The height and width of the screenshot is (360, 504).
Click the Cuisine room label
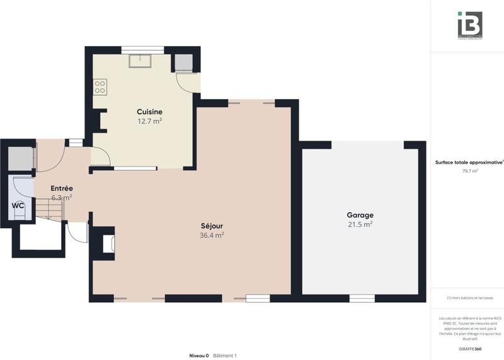pyautogui.click(x=149, y=112)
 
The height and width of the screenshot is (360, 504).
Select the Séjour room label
pyautogui.click(x=212, y=226)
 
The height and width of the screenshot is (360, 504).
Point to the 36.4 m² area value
pyautogui.click(x=212, y=235)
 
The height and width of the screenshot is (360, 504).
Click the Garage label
pyautogui.click(x=360, y=215)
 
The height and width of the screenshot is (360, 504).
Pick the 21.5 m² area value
pyautogui.click(x=360, y=224)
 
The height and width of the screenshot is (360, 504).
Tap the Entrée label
pyautogui.click(x=62, y=188)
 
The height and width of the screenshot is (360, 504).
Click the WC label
pyautogui.click(x=18, y=206)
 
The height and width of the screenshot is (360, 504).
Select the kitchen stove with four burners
pyautogui.click(x=100, y=86)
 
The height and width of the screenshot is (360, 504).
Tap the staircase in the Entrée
pyautogui.click(x=47, y=208)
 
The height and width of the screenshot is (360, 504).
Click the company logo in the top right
pyautogui.click(x=469, y=25)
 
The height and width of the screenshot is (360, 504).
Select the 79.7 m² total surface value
pyautogui.click(x=469, y=170)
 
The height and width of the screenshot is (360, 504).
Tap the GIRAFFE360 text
pyautogui.click(x=469, y=349)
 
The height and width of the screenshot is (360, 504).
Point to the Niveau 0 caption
pyautogui.click(x=198, y=356)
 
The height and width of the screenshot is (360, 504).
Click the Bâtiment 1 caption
pyautogui.click(x=225, y=356)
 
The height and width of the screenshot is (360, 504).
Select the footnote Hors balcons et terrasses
pyautogui.click(x=469, y=298)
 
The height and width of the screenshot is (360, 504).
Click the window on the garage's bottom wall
pyautogui.click(x=362, y=298)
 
